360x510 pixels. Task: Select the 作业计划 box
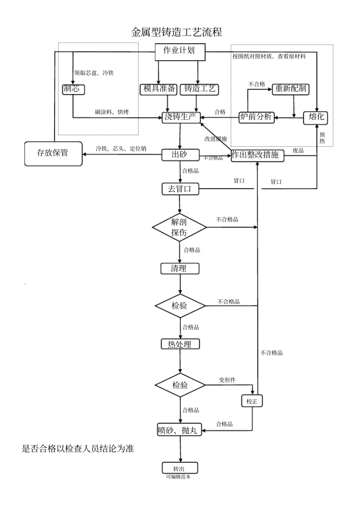180,52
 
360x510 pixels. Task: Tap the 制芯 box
73,89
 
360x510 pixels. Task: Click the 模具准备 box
158,89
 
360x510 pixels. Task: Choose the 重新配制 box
291,89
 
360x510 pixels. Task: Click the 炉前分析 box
257,117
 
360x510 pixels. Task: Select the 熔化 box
316,117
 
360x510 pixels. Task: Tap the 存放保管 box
53,154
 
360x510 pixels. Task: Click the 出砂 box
180,155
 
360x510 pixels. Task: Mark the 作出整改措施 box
257,155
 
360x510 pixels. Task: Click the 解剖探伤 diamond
179,228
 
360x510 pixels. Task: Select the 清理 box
180,269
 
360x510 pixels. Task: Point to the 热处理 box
180,344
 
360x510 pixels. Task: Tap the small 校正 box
252,401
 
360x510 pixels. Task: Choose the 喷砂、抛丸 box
179,430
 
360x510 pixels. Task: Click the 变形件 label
227,380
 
